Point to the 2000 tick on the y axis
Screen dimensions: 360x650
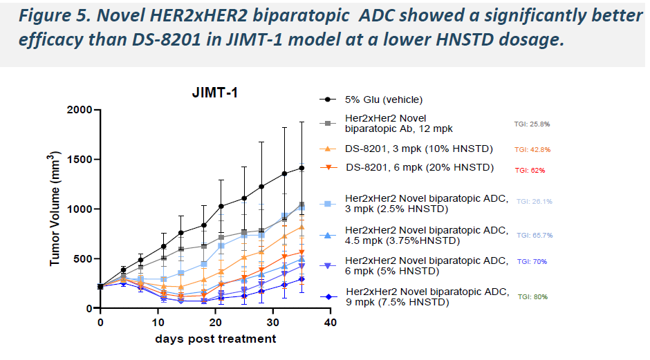point(78,110)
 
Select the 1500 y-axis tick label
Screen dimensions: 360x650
point(78,160)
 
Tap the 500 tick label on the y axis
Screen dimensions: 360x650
point(82,258)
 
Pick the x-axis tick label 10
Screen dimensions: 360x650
point(158,322)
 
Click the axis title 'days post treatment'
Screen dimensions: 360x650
point(216,339)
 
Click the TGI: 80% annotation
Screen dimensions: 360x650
point(532,296)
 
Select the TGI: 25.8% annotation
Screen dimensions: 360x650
point(532,124)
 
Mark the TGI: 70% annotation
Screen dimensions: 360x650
point(532,261)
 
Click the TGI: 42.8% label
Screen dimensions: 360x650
point(532,149)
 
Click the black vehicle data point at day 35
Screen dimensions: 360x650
point(301,167)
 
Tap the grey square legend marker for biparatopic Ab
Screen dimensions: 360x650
point(327,123)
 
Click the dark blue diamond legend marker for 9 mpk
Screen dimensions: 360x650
point(327,296)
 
